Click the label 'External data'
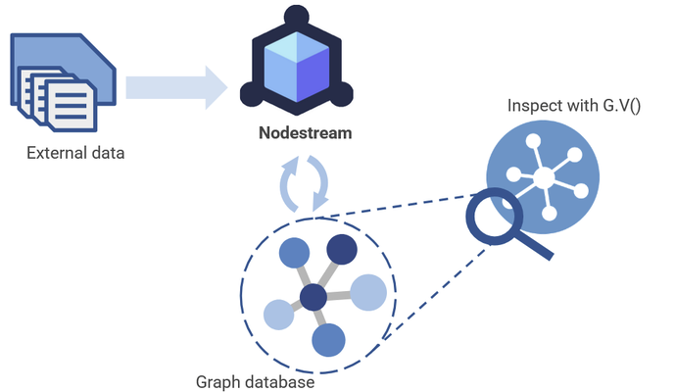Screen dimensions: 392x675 [75, 153]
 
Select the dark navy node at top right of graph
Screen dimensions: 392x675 [341, 250]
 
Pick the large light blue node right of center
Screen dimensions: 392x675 [368, 292]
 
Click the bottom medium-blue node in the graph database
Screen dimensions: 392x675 [327, 340]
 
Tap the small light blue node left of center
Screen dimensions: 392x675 [279, 315]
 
